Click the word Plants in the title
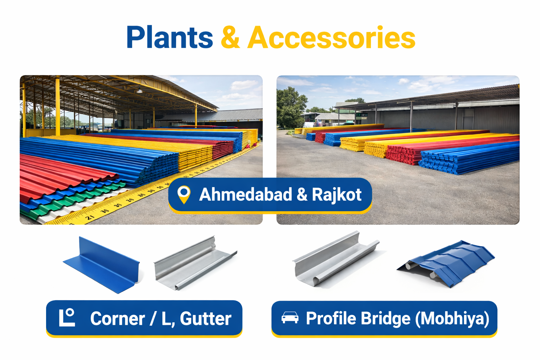click(170, 38)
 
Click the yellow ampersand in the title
click(230, 38)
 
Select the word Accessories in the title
click(332, 38)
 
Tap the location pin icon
click(184, 194)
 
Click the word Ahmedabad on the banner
click(246, 194)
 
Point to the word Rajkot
click(337, 195)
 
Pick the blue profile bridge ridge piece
click(446, 264)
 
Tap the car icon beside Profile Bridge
click(290, 317)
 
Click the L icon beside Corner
click(67, 317)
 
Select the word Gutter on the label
click(206, 319)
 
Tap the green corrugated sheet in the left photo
click(72, 200)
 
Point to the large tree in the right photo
click(290, 107)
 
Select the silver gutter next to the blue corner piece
click(195, 263)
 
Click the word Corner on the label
click(117, 319)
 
